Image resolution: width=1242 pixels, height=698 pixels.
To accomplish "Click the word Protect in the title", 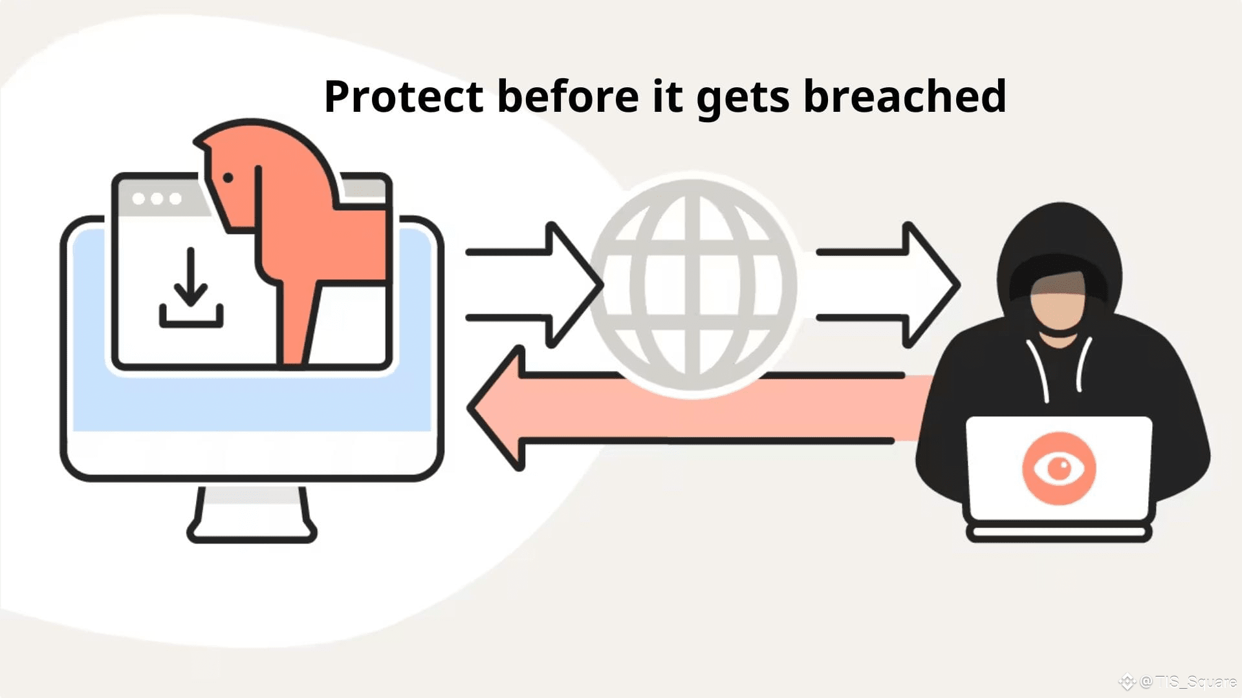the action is [x=403, y=97].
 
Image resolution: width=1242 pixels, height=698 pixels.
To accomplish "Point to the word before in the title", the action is [x=567, y=97].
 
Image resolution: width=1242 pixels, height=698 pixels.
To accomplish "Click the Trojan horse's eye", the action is [x=228, y=177].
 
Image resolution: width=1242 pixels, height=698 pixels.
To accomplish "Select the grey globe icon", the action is [x=693, y=285].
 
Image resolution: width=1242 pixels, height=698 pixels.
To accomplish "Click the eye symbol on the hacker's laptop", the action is [x=1059, y=468].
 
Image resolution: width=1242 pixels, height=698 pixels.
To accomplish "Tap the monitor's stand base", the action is [x=252, y=530].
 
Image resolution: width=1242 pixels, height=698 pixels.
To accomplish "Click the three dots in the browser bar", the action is [x=157, y=198].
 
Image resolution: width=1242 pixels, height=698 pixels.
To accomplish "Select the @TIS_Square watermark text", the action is [x=1187, y=681].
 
